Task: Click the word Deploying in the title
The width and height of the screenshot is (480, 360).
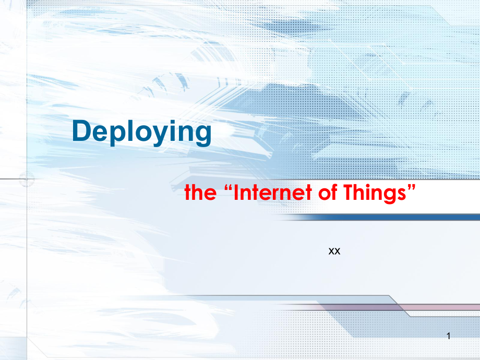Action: (141, 133)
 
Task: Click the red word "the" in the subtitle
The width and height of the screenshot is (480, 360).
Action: (200, 193)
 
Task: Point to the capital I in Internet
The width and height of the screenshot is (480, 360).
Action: (235, 193)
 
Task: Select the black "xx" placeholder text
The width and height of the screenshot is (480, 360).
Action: (334, 251)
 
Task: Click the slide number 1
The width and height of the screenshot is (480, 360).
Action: (448, 337)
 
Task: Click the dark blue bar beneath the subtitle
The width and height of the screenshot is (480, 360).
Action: (386, 217)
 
